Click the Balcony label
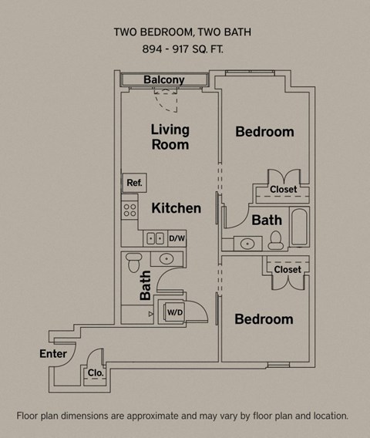tap(163, 80)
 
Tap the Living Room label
tap(170, 137)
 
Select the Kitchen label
tap(176, 208)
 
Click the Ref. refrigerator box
tap(134, 184)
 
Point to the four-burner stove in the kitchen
tap(129, 209)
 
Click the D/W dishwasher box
tap(177, 239)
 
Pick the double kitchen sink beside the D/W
tap(155, 239)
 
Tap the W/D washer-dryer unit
tap(174, 312)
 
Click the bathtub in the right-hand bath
tap(298, 227)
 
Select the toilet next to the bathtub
tap(276, 241)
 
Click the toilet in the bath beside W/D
tap(133, 261)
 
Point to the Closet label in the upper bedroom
tap(283, 190)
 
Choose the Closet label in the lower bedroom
tap(288, 270)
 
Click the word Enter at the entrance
tap(53, 354)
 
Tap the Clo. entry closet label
tap(96, 372)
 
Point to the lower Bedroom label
tap(264, 319)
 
